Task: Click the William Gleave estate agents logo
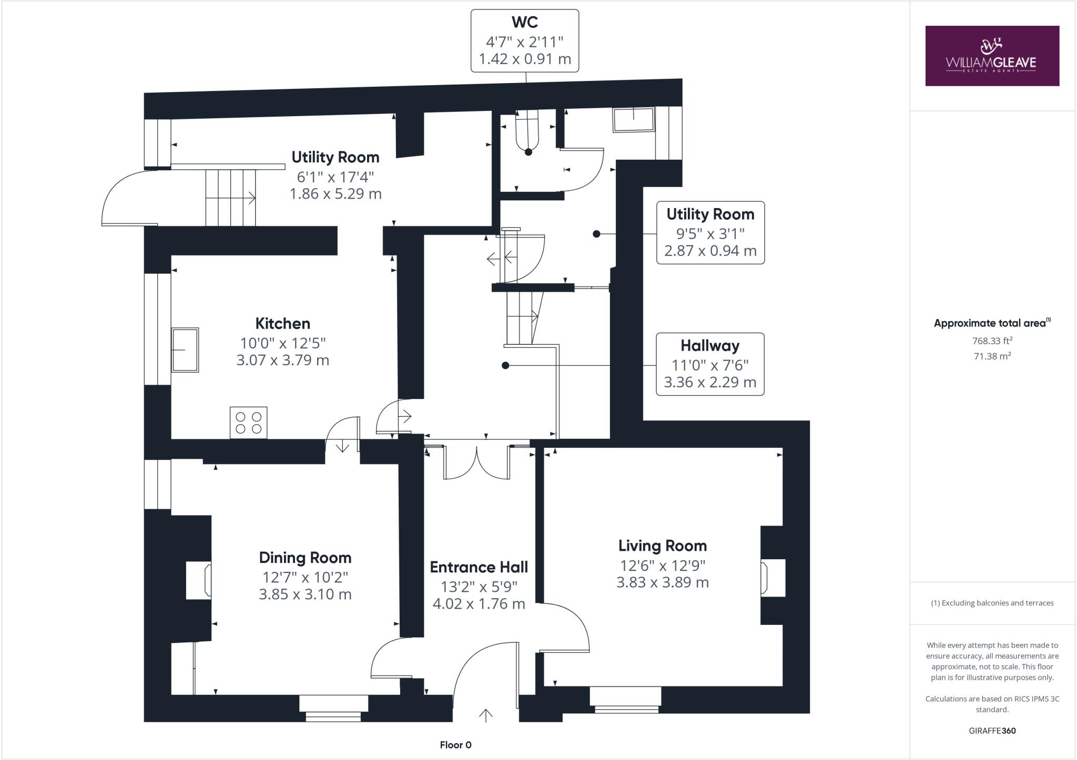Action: coord(992,56)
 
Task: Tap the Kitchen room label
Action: coord(282,323)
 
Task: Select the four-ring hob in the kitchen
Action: coord(248,423)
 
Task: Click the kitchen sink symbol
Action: coord(185,350)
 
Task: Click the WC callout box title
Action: coord(524,22)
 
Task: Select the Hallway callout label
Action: coord(710,346)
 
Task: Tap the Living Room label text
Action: coord(662,546)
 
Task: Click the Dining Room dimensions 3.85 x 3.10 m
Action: coord(305,594)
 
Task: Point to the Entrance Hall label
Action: coord(479,567)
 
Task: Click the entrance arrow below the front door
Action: coord(485,715)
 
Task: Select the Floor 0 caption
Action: coord(455,745)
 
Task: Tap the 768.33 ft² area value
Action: coord(992,341)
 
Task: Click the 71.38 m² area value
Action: coord(992,356)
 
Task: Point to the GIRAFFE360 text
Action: coord(992,731)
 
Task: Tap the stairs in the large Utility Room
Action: coord(230,198)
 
